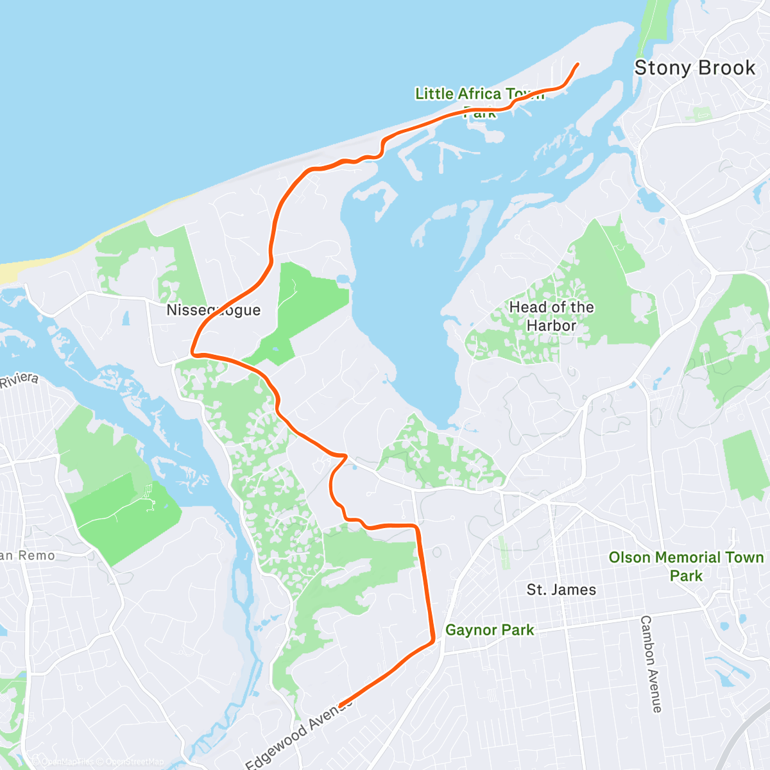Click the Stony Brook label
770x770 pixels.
[695, 68]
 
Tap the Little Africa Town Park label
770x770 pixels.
[480, 102]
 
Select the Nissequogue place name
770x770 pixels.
[214, 311]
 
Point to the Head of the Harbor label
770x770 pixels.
[552, 316]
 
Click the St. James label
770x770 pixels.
[561, 590]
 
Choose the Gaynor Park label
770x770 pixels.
[490, 630]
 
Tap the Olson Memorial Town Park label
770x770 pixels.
[686, 566]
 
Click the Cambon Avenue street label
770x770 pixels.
[651, 663]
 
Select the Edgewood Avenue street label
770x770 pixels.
[299, 732]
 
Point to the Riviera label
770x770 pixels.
[19, 380]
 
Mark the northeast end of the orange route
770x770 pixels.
[578, 64]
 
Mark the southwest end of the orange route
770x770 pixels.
[340, 705]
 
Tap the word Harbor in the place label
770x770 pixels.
[552, 326]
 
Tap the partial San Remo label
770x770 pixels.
[28, 556]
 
